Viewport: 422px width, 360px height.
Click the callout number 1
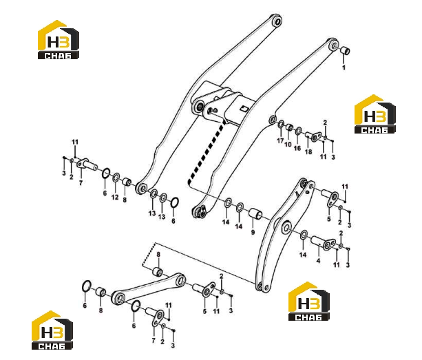[344, 67]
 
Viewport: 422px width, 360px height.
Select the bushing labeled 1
[345, 50]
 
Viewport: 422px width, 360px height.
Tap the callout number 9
[253, 232]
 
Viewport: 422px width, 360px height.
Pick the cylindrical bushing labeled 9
[255, 213]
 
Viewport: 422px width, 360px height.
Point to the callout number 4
[318, 260]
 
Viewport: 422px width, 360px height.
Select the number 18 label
[308, 151]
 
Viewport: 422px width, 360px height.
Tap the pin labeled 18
[313, 136]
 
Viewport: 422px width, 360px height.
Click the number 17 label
[280, 140]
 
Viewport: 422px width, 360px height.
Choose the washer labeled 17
[281, 125]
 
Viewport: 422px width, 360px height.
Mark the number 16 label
[297, 148]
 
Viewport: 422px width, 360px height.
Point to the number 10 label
[288, 145]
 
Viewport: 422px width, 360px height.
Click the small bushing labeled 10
[289, 127]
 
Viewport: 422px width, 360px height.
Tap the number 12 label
[115, 198]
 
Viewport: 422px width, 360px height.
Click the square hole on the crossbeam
[244, 108]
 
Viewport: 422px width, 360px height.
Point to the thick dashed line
[207, 151]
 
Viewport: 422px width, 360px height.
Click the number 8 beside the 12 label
[125, 200]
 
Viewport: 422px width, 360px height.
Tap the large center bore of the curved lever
[286, 227]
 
